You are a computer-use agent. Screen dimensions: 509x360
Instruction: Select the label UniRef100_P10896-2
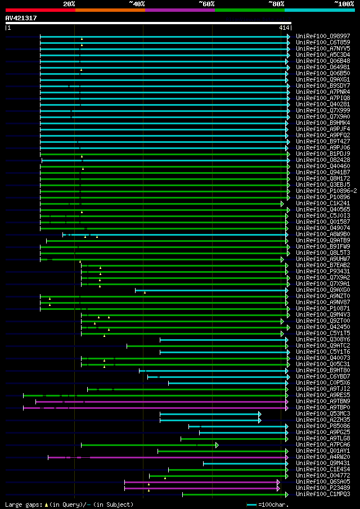(326, 191)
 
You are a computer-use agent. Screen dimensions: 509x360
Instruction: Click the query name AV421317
(21, 18)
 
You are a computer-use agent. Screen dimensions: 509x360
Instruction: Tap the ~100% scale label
(344, 4)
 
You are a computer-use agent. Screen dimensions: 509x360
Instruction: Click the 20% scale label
(69, 4)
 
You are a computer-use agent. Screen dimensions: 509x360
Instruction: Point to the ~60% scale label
(206, 4)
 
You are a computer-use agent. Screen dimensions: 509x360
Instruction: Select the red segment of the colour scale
(40, 10)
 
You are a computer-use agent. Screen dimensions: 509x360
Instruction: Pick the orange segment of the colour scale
(110, 10)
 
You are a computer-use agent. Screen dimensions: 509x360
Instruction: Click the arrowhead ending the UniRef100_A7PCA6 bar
(217, 445)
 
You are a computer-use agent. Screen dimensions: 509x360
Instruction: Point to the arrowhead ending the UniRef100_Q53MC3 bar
(259, 414)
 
